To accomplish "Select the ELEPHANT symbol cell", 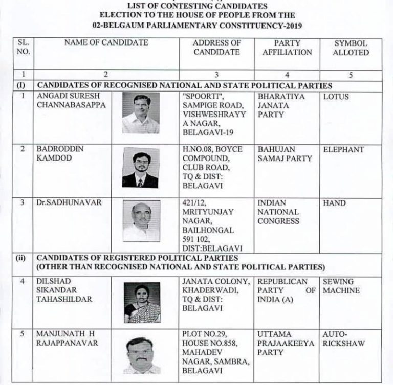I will pyautogui.click(x=343, y=150).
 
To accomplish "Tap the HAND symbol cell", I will pyautogui.click(x=334, y=203).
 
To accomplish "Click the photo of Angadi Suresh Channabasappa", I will pyautogui.click(x=141, y=113).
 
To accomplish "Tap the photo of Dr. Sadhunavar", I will pyautogui.click(x=141, y=221).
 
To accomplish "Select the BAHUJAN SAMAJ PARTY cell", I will pyautogui.click(x=285, y=154).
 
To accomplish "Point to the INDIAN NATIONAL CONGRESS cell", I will pyautogui.click(x=278, y=212).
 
